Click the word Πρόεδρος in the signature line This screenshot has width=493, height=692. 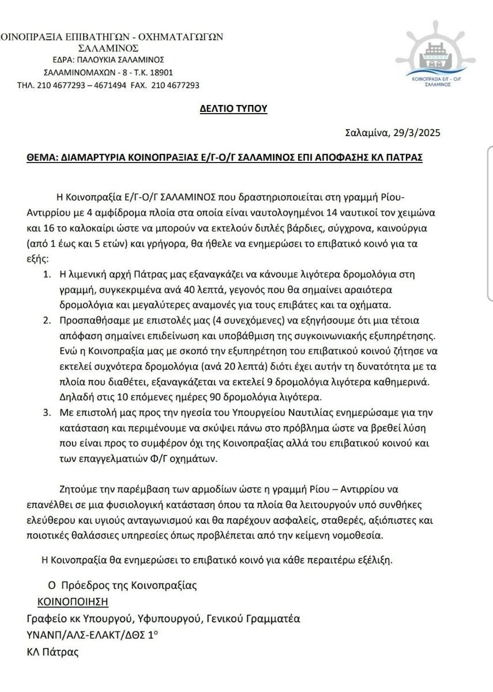84,585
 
